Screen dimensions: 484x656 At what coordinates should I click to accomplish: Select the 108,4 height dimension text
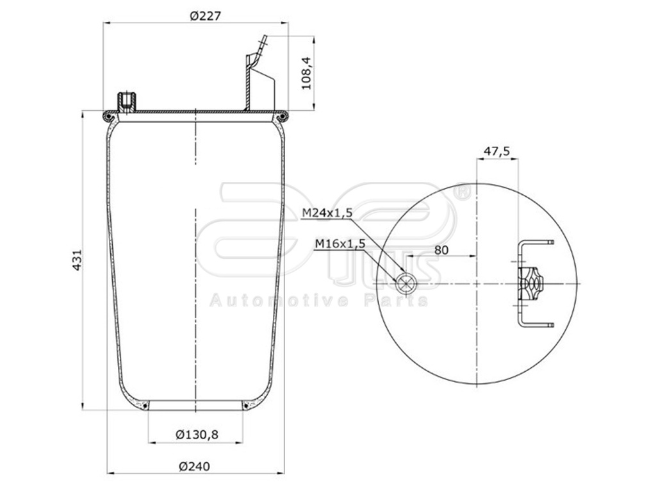tap(306, 72)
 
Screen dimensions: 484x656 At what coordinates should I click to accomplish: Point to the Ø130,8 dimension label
tap(197, 434)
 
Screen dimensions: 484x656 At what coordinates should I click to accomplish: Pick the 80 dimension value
tap(441, 249)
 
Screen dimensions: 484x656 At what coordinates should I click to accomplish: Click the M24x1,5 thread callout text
tap(327, 213)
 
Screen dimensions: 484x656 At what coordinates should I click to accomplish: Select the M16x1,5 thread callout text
tap(340, 243)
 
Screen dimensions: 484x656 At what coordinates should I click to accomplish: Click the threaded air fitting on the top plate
tap(126, 101)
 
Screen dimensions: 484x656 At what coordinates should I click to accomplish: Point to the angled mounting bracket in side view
tap(258, 80)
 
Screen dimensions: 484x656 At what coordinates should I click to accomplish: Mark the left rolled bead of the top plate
tap(108, 117)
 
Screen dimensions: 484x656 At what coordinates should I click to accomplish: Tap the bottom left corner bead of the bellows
tap(145, 405)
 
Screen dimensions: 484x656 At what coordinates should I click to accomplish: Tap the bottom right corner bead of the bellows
tap(246, 405)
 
